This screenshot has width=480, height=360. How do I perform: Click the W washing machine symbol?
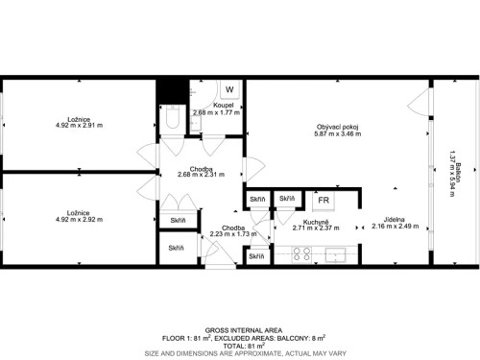(228, 91)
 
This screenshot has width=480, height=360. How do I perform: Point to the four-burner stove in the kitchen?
(301, 254)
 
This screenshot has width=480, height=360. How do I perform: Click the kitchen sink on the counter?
(335, 254)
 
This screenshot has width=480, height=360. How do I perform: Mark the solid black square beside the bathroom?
(171, 90)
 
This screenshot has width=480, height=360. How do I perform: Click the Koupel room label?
(222, 106)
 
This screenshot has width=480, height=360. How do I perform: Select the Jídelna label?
(391, 218)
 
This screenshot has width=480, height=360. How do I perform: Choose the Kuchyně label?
(292, 222)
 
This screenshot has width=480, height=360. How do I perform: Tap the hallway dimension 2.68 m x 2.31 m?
(201, 176)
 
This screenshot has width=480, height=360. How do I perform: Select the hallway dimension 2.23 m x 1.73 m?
(234, 233)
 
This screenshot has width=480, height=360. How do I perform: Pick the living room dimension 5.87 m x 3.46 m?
(338, 135)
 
